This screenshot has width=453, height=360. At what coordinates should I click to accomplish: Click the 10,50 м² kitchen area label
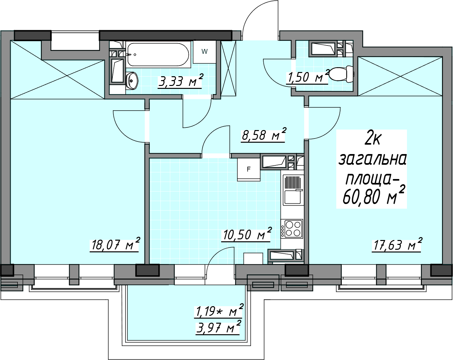click(247, 234)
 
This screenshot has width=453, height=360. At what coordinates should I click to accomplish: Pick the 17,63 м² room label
click(397, 244)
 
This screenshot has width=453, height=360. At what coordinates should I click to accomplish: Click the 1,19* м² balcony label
click(219, 310)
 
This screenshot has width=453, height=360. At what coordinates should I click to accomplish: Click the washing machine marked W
click(205, 52)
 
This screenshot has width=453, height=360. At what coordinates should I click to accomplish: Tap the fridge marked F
click(249, 170)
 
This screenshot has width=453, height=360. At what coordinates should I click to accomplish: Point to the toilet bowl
click(341, 74)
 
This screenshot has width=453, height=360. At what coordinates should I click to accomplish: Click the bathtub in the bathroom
click(158, 54)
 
